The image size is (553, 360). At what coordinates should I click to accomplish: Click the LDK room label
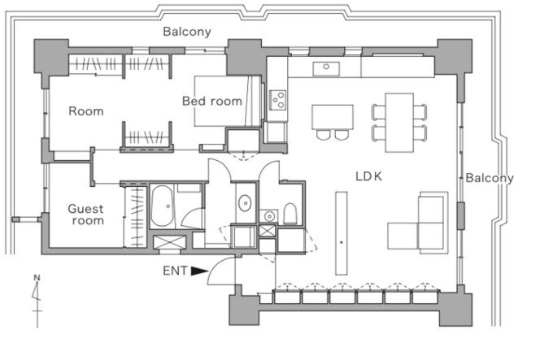coord(368,176)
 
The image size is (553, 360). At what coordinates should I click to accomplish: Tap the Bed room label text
coord(212,101)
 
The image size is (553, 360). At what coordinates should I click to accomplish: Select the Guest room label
coord(86,215)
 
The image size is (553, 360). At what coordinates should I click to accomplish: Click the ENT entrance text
coord(175,271)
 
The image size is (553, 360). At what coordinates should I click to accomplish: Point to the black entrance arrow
coord(199,271)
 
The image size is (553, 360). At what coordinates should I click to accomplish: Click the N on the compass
coord(37,278)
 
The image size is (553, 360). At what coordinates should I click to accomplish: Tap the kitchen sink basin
coord(326,69)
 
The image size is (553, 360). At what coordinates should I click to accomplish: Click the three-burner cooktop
coord(277,100)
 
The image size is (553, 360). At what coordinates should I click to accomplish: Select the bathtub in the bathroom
coord(162,206)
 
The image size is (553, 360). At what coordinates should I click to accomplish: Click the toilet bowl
coord(290,214)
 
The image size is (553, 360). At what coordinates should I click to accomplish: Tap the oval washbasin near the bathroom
coord(245,203)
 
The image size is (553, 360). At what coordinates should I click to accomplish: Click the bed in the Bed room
coord(228,101)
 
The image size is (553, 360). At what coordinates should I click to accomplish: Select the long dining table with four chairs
coord(399,123)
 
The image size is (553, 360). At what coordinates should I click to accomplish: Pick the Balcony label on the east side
coord(490,178)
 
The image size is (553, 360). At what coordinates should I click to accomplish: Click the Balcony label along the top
coord(187,32)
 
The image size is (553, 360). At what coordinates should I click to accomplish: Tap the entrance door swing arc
coord(221,271)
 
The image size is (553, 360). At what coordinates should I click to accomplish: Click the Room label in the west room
coord(86,111)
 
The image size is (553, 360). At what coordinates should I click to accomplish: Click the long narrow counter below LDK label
coord(342,233)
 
